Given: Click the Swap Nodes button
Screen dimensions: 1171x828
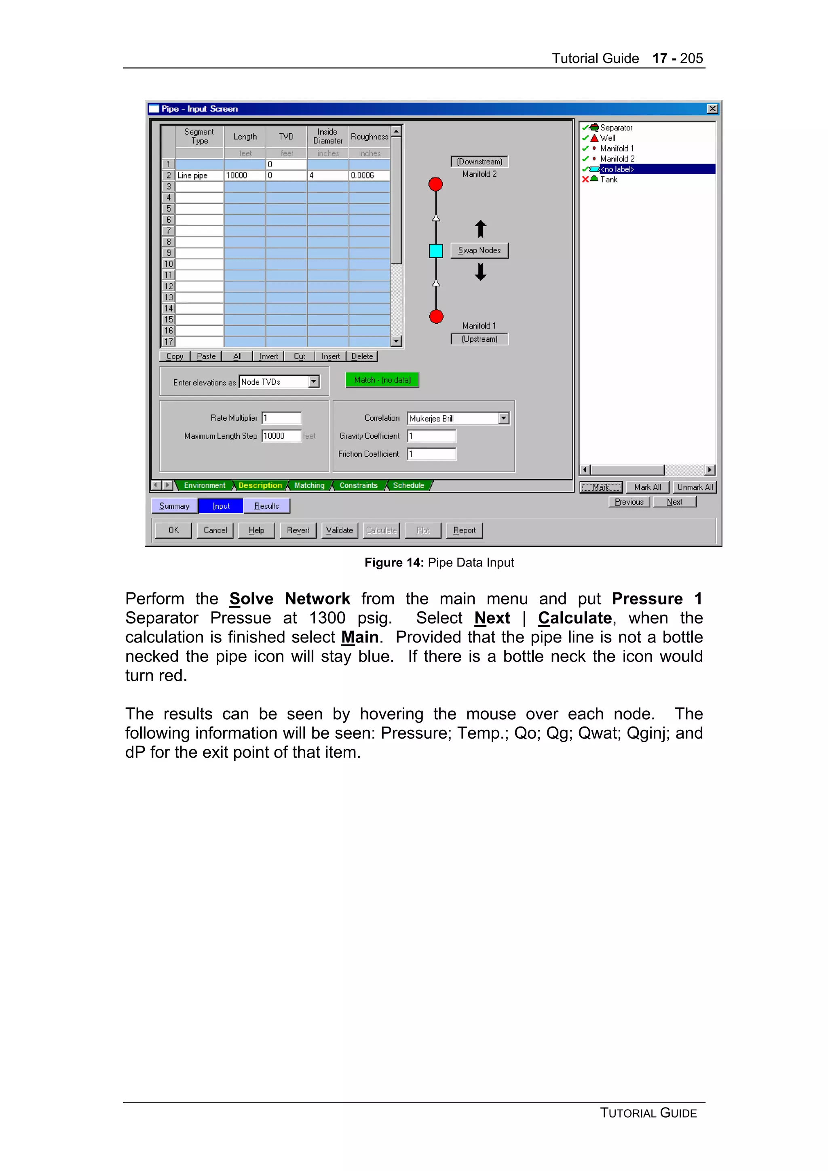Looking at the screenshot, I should pyautogui.click(x=479, y=251).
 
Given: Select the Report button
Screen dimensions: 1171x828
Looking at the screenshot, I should pyautogui.click(x=464, y=531).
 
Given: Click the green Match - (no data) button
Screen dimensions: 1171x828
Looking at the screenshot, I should pyautogui.click(x=382, y=380).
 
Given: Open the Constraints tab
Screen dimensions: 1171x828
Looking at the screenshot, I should pyautogui.click(x=358, y=486).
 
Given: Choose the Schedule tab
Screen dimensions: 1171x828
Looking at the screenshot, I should pyautogui.click(x=408, y=486).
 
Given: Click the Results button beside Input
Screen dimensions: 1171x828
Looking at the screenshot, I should pyautogui.click(x=266, y=506).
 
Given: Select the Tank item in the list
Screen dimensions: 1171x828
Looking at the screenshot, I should pyautogui.click(x=608, y=179).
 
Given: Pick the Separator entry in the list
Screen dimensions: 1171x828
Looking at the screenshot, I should pyautogui.click(x=616, y=128).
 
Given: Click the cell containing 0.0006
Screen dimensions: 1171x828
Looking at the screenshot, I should pyautogui.click(x=369, y=175).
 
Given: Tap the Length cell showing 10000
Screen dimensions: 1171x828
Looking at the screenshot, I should pyautogui.click(x=244, y=175).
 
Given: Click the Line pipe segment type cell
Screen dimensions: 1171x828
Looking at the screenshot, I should pyautogui.click(x=199, y=175).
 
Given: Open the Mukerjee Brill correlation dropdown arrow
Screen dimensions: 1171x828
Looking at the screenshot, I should pyautogui.click(x=503, y=418).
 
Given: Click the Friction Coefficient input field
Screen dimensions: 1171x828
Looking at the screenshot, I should pyautogui.click(x=431, y=454).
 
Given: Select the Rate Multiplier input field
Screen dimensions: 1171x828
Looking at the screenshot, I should pyautogui.click(x=281, y=418).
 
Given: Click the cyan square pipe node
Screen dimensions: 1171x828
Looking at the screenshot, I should pyautogui.click(x=436, y=251).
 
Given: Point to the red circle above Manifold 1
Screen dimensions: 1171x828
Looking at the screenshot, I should pyautogui.click(x=436, y=317).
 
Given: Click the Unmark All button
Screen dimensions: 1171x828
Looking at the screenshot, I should pyautogui.click(x=694, y=488).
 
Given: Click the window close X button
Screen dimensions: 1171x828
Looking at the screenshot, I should pyautogui.click(x=712, y=109).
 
